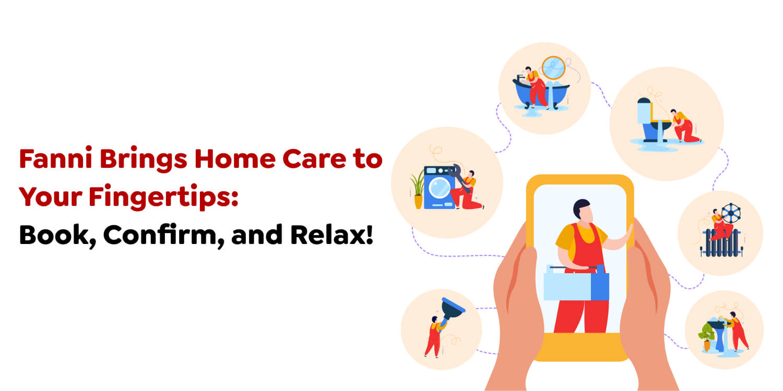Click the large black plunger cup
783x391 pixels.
point(452,309)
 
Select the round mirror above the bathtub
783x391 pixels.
point(553,68)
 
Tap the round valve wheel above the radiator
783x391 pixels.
point(731,214)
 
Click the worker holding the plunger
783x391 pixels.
point(433,336)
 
